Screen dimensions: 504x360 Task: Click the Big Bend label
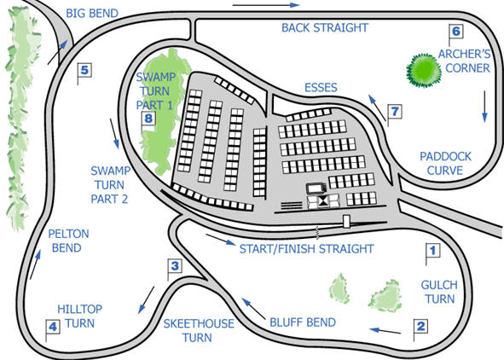coord(92,14)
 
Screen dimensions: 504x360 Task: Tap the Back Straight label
coord(325,27)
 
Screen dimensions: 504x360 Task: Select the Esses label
coord(321,87)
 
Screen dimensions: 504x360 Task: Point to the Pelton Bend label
coord(68,241)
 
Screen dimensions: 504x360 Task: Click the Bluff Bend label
coord(303,322)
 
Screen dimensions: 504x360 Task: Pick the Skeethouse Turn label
coord(199,330)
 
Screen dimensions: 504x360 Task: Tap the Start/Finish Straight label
coord(307,249)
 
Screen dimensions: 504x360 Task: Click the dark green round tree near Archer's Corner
coord(424,71)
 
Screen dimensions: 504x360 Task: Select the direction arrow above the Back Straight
coord(266,5)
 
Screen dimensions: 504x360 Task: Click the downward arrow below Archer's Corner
coord(484,107)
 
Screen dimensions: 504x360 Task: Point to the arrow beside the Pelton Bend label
coord(35,265)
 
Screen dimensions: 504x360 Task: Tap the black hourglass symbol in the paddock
coord(323,201)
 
